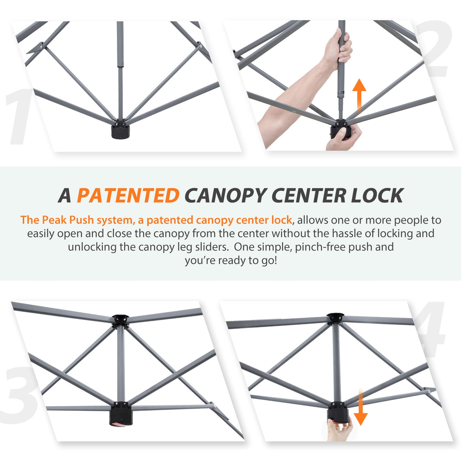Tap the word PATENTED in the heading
[x=128, y=196]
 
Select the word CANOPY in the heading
[x=226, y=196]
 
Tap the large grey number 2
[x=434, y=49]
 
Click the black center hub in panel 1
[x=120, y=130]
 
